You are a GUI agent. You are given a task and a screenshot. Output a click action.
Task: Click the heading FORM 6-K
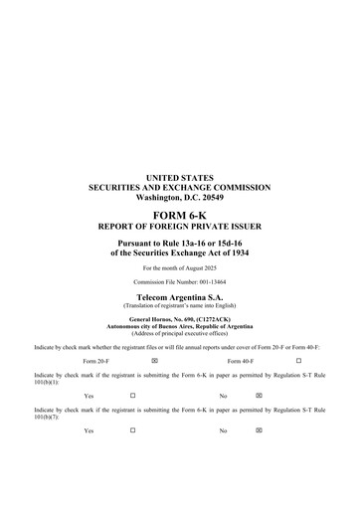coord(179,215)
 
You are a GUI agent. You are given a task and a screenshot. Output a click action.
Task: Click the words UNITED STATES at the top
coord(179,178)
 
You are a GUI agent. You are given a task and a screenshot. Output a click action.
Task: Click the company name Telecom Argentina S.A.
coord(179,297)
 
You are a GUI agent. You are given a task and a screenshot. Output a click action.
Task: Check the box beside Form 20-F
coord(154,360)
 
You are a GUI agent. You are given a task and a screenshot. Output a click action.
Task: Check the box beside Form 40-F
coord(298,360)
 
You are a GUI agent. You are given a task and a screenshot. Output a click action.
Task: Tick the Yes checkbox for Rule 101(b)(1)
coord(132,395)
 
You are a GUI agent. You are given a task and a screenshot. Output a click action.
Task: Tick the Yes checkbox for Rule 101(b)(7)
coord(132,429)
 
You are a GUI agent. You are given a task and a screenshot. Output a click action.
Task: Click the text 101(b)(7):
coord(47,416)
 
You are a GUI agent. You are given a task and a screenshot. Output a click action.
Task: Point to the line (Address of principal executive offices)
coord(179,332)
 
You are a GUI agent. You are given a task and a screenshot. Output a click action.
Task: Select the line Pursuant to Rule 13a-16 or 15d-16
coord(179,243)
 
